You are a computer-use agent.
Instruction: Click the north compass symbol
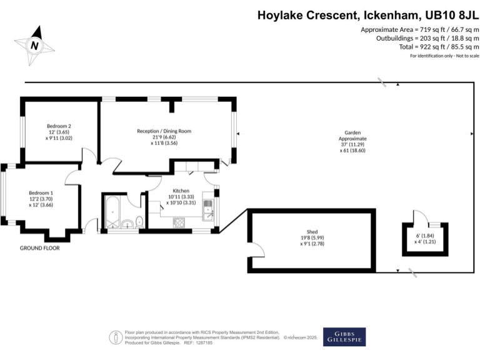pyautogui.click(x=36, y=44)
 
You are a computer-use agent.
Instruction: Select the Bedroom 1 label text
pyautogui.click(x=41, y=193)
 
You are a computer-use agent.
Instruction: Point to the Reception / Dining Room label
pyautogui.click(x=164, y=131)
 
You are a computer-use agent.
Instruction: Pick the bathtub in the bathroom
pyautogui.click(x=112, y=214)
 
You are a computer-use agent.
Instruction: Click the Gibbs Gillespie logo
pyautogui.click(x=344, y=336)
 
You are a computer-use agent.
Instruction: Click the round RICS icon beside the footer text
pyautogui.click(x=115, y=337)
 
